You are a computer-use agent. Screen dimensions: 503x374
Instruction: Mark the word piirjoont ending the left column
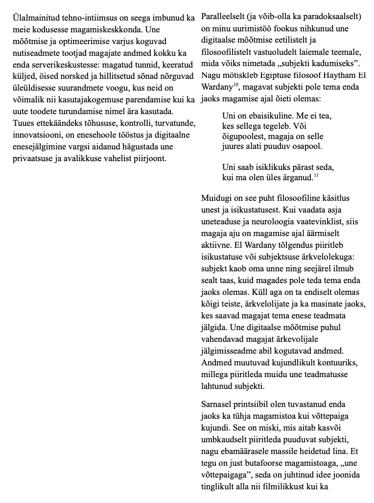(150, 158)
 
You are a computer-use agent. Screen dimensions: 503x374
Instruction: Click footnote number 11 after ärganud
(316, 175)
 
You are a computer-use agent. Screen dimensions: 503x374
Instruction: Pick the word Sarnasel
(217, 405)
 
